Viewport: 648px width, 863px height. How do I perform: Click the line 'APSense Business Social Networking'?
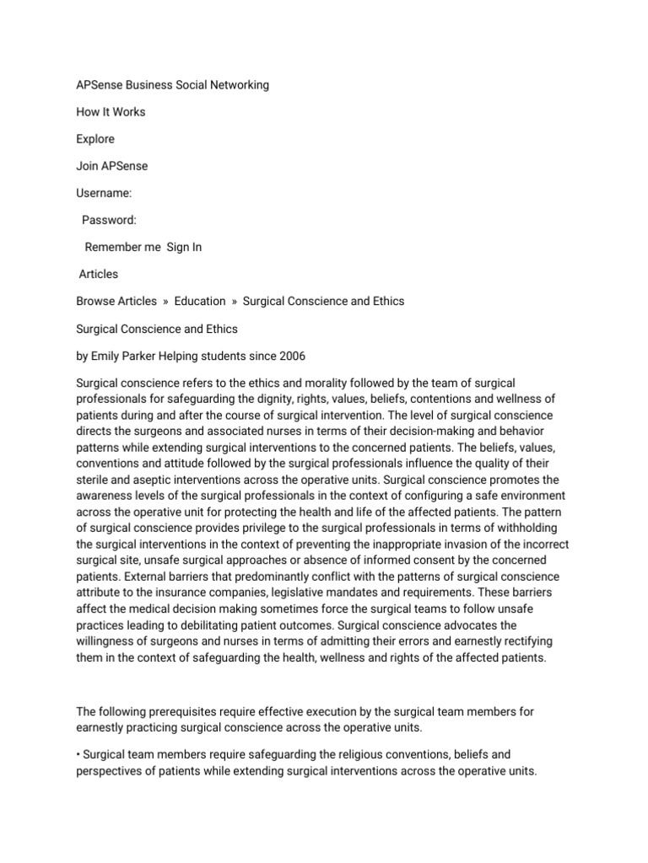173,85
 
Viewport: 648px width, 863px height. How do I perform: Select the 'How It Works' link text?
111,112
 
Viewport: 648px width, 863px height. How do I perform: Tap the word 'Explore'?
95,139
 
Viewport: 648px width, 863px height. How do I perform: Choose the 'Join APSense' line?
111,166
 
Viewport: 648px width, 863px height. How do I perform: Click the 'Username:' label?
104,193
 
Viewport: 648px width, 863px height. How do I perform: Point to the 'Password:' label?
109,220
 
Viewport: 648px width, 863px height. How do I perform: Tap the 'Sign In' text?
184,247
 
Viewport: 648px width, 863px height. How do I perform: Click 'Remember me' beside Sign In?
122,247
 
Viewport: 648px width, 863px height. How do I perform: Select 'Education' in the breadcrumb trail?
200,301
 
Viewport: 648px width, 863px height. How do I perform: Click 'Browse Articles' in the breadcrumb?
116,301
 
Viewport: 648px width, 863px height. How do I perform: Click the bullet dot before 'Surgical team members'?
78,754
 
